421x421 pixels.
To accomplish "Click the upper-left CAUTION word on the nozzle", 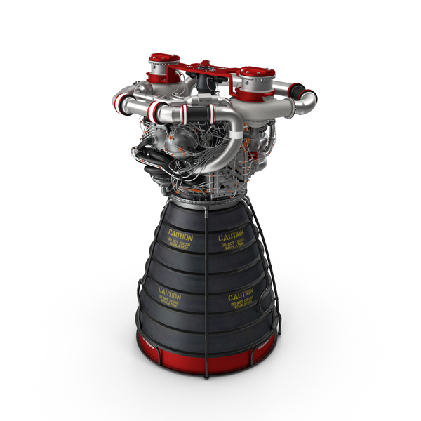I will point(179,232).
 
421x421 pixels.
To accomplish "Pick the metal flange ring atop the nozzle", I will point(203,201).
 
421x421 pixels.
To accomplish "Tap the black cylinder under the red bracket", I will point(205,84).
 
